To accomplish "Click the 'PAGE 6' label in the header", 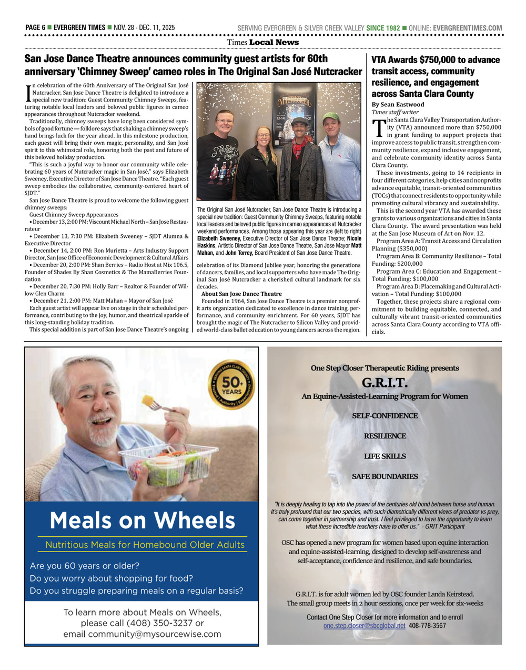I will click(x=35, y=28).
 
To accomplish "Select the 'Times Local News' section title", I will click(x=262, y=43).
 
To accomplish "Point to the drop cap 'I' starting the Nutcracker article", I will click(x=28, y=93).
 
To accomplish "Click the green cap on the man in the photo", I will click(x=331, y=116).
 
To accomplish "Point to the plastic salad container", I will click(x=168, y=464).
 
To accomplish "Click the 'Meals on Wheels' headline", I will click(x=142, y=521).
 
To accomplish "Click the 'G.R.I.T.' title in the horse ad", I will click(x=385, y=382).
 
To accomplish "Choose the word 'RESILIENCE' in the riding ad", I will click(x=385, y=436).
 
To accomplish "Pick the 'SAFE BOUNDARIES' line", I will click(x=385, y=477).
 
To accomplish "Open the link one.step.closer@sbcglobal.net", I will click(x=364, y=626).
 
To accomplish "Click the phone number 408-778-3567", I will click(x=427, y=626).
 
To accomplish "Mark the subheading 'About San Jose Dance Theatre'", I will click(x=241, y=294).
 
